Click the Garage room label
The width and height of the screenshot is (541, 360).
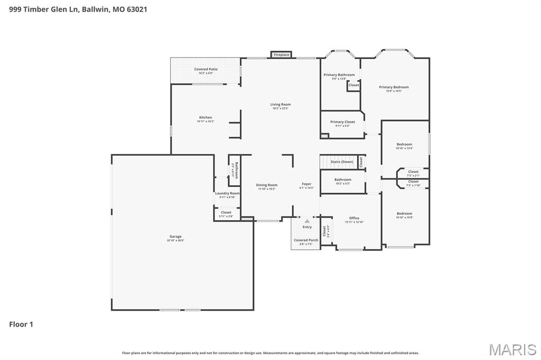pos(175,236)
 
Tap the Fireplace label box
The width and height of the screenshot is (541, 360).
pos(281,54)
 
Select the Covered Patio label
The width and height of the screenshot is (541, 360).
pos(206,69)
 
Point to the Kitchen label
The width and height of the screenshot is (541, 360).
pos(206,117)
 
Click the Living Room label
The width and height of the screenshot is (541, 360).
pos(281,105)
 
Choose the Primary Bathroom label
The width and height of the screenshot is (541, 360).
pos(339,75)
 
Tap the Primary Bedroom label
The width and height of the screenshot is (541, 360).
pos(394,87)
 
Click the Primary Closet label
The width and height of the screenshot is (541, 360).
pos(342,122)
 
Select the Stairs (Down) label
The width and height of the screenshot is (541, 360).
pos(341,162)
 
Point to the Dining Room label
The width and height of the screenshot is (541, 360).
pos(267,185)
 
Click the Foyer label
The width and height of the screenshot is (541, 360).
pos(306,184)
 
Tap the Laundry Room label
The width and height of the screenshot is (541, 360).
pos(227,193)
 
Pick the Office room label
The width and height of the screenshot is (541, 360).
pos(354,218)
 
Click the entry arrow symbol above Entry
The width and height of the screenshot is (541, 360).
pos(307,221)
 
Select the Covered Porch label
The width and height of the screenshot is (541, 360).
pos(306,240)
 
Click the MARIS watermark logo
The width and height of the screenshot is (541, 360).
pos(512,349)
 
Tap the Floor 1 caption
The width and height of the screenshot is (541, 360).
pos(21,324)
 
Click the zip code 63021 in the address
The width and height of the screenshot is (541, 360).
pos(137,9)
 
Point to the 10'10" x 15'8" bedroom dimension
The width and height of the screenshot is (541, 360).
pos(404,217)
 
